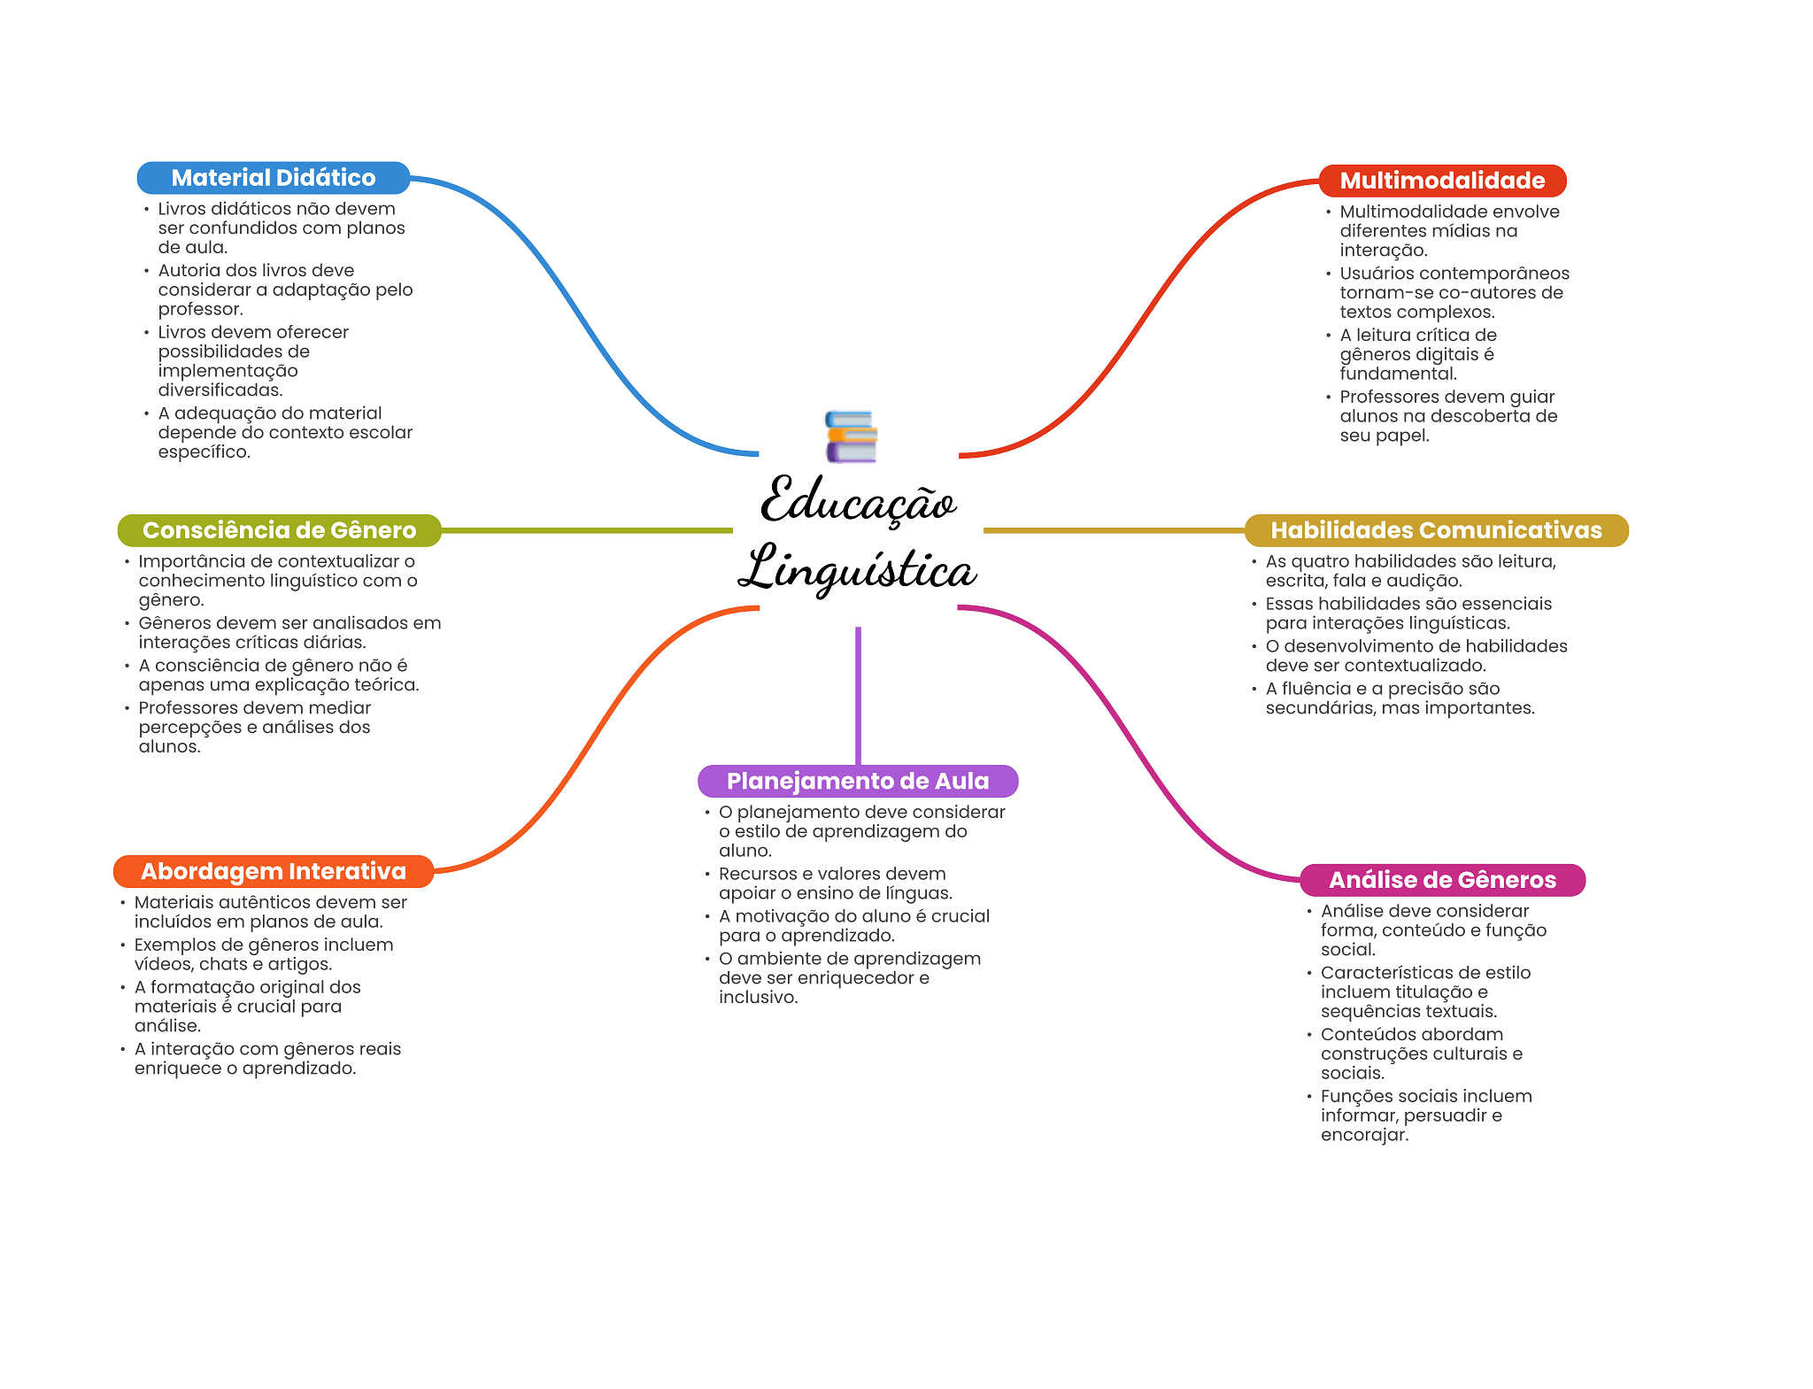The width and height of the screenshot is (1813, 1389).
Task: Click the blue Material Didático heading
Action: [x=273, y=178]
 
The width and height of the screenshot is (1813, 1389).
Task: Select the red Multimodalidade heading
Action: [x=1442, y=181]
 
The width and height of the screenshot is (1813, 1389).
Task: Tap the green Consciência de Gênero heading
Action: [x=279, y=530]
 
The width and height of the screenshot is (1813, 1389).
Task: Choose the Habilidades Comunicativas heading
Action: [x=1436, y=530]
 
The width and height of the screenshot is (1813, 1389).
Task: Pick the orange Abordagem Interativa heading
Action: [x=273, y=871]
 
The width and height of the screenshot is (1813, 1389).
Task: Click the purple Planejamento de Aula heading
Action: [x=857, y=781]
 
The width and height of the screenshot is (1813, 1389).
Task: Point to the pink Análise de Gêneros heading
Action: [x=1442, y=880]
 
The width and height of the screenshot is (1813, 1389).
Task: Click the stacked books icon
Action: [x=851, y=436]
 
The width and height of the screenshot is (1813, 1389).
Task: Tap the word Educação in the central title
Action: [x=858, y=501]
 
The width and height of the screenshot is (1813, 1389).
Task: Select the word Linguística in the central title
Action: [x=857, y=569]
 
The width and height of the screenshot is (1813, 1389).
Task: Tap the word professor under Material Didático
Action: [x=199, y=309]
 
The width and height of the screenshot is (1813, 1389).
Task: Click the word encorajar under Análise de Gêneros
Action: [x=1363, y=1135]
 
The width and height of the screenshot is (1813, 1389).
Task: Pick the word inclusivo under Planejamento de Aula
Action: [x=758, y=998]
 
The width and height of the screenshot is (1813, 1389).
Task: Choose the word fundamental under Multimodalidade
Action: [x=1398, y=374]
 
